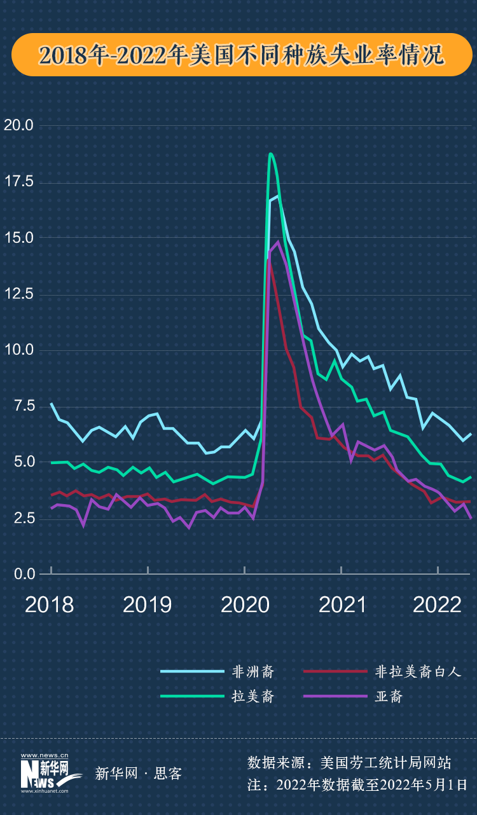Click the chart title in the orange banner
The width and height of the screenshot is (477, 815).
tap(241, 55)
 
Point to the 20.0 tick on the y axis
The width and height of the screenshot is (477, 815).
tap(18, 125)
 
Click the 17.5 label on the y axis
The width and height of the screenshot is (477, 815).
tap(18, 182)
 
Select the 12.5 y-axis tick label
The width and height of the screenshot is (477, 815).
tap(18, 294)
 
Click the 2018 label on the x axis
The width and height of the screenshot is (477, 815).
tap(50, 605)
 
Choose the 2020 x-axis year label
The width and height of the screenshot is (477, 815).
tap(245, 605)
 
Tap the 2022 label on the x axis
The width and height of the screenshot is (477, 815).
tap(438, 605)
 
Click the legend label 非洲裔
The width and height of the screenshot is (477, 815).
tap(252, 671)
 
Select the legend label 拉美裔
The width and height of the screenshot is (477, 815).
tap(252, 696)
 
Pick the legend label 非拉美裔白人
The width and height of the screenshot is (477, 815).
tap(417, 671)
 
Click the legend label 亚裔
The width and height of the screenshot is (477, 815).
tap(389, 696)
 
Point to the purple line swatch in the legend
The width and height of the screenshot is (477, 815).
tap(335, 696)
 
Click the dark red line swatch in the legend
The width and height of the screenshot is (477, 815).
tap(335, 671)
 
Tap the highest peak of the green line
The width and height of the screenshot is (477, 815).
tap(271, 154)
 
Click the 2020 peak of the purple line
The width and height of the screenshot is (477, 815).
tap(278, 242)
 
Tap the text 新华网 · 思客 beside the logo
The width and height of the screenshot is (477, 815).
tap(138, 774)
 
